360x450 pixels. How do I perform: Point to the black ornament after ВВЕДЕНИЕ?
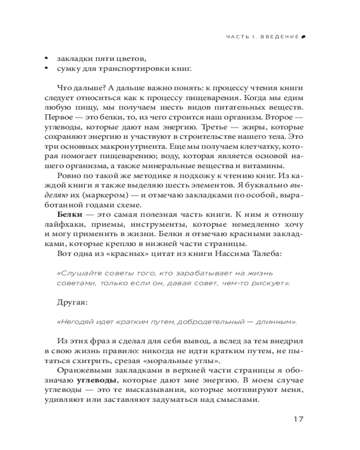(x=303, y=36)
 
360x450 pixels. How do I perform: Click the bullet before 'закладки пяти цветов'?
(x=47, y=58)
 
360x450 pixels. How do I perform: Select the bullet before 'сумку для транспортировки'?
(x=47, y=68)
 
